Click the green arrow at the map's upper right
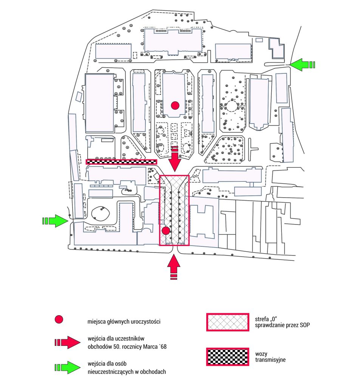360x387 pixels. (302, 65)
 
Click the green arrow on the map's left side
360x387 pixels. (55, 221)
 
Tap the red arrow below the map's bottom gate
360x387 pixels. (174, 267)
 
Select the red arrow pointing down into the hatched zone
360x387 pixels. (175, 159)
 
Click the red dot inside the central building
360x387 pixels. (175, 105)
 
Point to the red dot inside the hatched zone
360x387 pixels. (166, 231)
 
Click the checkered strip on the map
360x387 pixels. (121, 162)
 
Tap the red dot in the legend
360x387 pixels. (59, 319)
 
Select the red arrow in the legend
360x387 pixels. (67, 342)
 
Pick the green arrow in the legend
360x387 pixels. (67, 367)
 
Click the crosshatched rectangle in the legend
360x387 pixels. (227, 322)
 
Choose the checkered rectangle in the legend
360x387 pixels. (227, 357)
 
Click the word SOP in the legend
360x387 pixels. (305, 325)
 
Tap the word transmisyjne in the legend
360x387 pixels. (270, 360)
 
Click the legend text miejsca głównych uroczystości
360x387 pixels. (124, 322)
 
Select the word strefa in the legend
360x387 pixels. (262, 319)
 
